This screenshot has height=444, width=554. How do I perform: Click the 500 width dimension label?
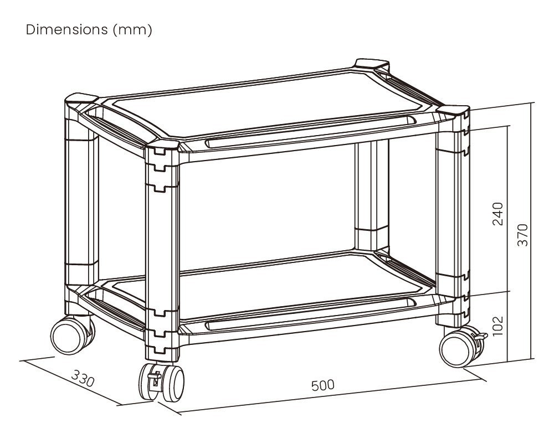[323, 385]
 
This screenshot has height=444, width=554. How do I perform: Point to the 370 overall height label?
[522, 235]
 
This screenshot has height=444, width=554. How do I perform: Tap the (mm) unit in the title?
[132, 30]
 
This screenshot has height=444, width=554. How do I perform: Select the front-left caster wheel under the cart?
[162, 381]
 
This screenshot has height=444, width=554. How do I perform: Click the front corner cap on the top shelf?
[163, 147]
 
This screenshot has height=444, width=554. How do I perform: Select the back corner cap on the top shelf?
[372, 64]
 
